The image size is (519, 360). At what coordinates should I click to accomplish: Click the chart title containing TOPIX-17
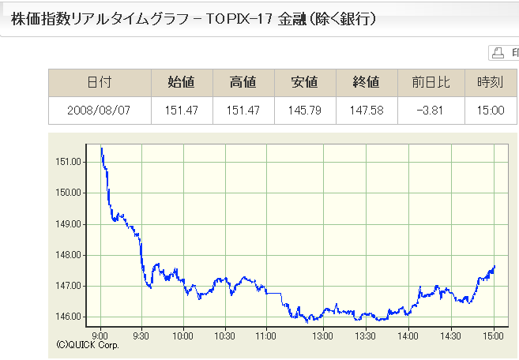click(x=194, y=19)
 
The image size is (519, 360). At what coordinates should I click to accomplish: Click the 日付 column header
click(x=100, y=82)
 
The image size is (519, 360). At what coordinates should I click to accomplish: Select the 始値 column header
click(x=182, y=82)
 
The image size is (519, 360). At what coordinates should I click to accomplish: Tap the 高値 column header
click(x=243, y=82)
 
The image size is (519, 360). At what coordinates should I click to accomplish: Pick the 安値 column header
click(x=305, y=82)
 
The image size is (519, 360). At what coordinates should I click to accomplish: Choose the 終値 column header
click(x=367, y=82)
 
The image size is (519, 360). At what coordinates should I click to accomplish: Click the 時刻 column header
click(x=491, y=82)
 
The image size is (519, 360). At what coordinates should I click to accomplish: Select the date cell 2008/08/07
click(x=100, y=110)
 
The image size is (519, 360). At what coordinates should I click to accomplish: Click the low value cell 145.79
click(x=305, y=110)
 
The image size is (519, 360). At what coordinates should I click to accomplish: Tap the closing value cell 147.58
click(x=367, y=110)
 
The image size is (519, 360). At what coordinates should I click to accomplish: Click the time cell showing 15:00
click(x=491, y=110)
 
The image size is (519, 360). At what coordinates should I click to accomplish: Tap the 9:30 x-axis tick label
click(x=142, y=336)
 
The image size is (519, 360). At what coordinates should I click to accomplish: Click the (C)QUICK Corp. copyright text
click(x=88, y=345)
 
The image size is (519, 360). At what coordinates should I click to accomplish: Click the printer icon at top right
click(x=498, y=53)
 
